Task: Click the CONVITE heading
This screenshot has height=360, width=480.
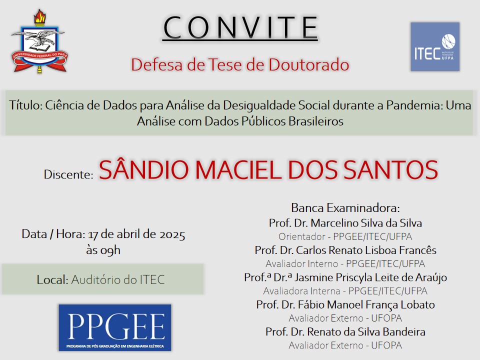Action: [240, 27]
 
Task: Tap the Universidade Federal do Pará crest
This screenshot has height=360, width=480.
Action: [39, 41]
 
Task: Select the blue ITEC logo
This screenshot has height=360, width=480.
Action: [435, 46]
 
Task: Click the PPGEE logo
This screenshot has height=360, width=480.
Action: [115, 327]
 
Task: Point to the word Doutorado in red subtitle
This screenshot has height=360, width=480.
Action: [309, 64]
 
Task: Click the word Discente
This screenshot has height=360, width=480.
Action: [68, 174]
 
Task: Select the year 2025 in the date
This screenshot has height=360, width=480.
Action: [172, 234]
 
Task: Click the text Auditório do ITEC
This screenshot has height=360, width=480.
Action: [118, 279]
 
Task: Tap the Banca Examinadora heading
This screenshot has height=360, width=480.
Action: [345, 208]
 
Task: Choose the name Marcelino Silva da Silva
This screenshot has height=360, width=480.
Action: [366, 223]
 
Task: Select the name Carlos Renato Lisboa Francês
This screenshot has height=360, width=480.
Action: [366, 250]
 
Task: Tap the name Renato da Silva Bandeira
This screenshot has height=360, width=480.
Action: [366, 332]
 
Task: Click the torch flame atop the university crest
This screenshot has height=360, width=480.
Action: [39, 16]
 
